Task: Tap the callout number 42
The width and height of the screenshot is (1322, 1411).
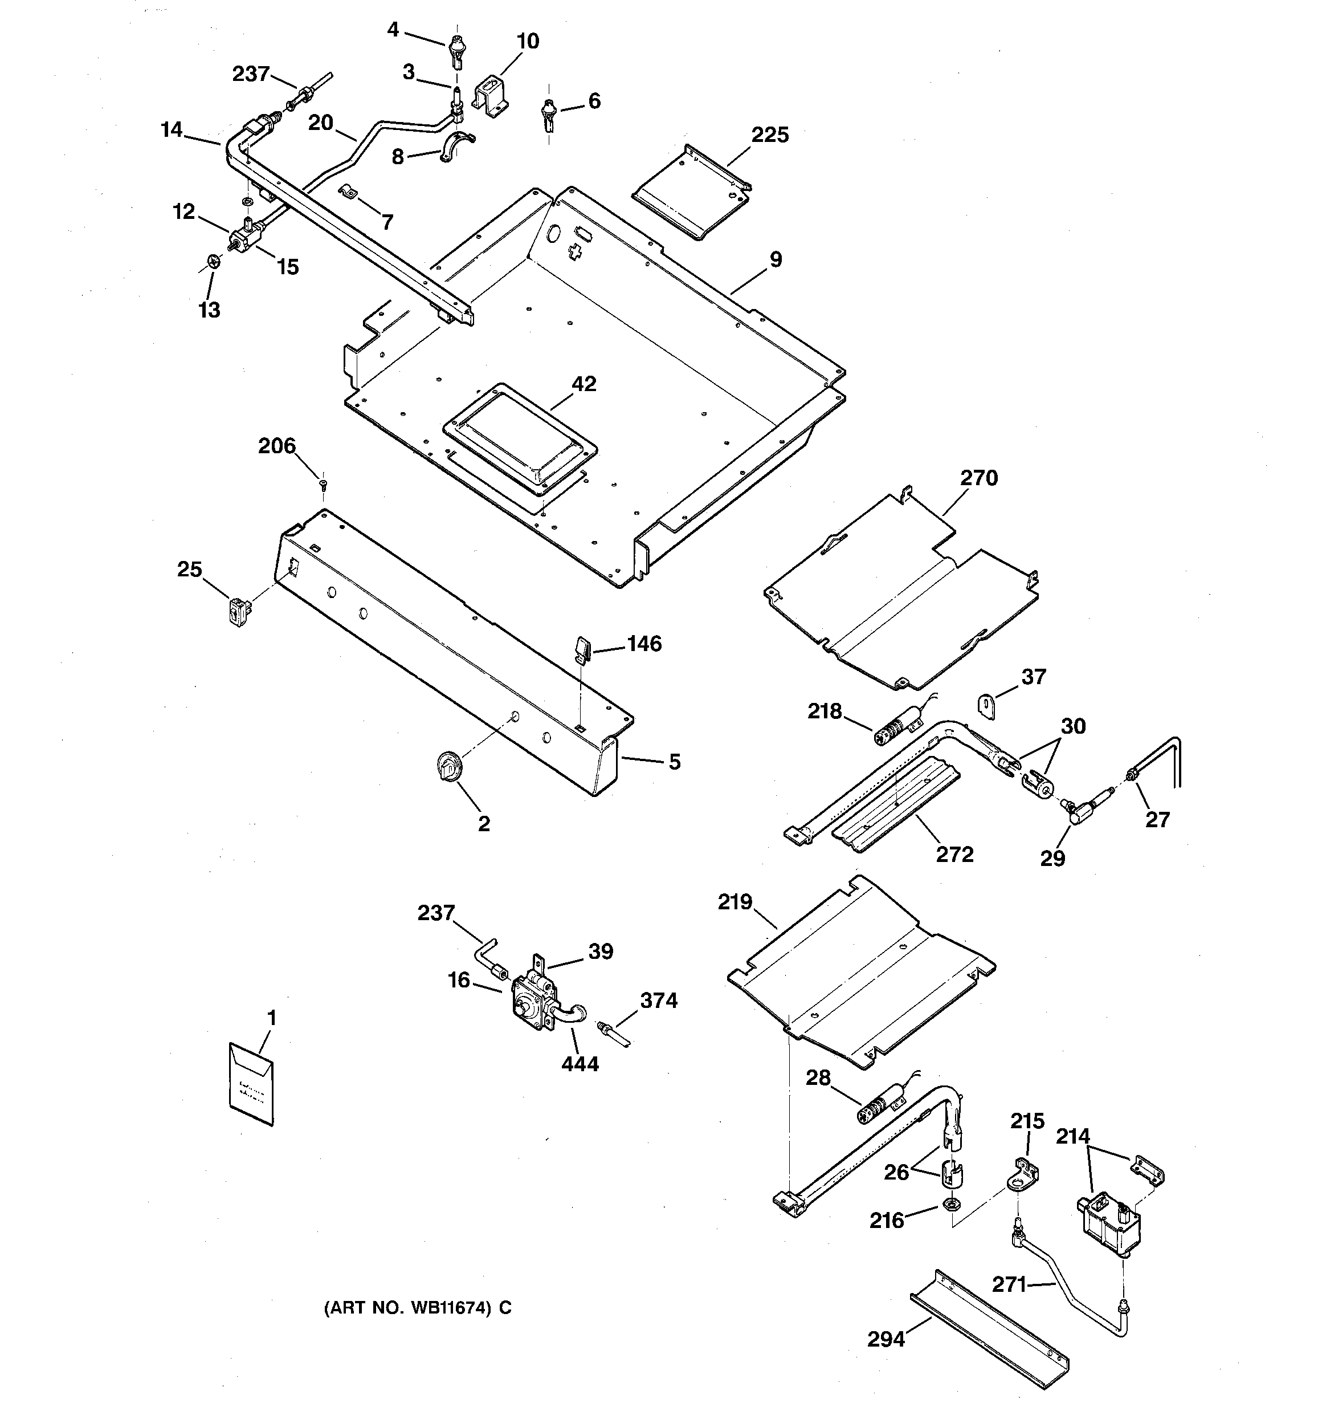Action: [x=584, y=384]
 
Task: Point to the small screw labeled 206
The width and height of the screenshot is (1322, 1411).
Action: [x=324, y=485]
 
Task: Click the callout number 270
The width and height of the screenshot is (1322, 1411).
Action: [x=980, y=478]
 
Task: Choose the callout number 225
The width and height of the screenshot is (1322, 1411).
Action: [x=770, y=135]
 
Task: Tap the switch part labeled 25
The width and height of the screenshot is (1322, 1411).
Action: [x=240, y=611]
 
